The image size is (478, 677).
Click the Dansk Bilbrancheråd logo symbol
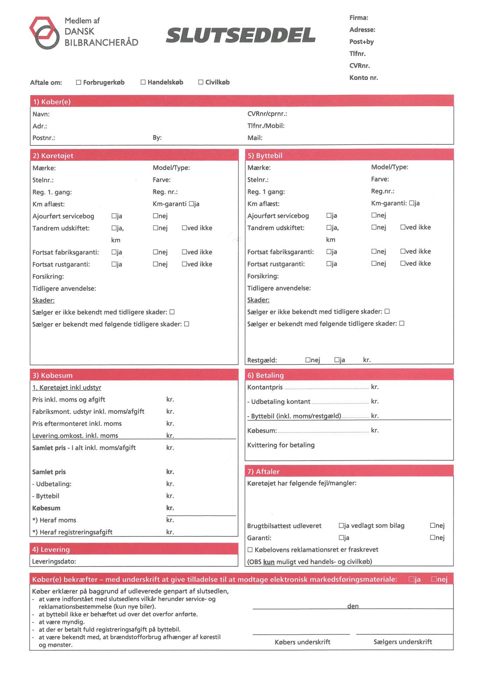coord(44,32)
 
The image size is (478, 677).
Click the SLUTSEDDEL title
coord(241,36)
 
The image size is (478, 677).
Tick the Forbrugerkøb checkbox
coord(78,82)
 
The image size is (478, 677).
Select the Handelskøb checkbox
coord(143,82)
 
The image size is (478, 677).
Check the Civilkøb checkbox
coord(201,82)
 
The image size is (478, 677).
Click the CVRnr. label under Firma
coord(359,66)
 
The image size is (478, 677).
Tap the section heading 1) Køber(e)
coord(51,102)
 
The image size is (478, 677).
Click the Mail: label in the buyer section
coord(255,138)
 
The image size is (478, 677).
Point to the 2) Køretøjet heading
coord(53,156)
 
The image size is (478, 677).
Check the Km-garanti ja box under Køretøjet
coord(191,204)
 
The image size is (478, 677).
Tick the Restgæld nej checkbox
coord(308,360)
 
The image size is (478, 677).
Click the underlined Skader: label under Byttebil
coord(258,300)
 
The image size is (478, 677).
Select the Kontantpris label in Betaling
coord(265,387)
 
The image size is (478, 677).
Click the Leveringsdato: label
coord(54,562)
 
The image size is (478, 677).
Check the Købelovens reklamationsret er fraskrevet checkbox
coord(250,550)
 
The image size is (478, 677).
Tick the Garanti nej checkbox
coord(432,537)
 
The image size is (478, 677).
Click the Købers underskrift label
coord(302,642)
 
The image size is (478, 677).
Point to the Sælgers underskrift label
coord(403,642)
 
